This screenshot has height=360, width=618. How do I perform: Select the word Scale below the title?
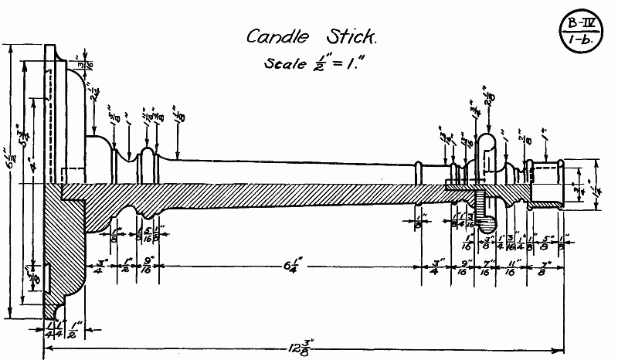[x=285, y=64]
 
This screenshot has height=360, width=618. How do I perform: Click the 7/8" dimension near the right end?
[x=540, y=267]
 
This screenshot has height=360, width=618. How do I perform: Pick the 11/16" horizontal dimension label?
[x=510, y=267]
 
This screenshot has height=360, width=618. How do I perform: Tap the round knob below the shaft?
[x=486, y=224]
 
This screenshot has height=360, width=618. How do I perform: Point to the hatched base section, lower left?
[x=62, y=247]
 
